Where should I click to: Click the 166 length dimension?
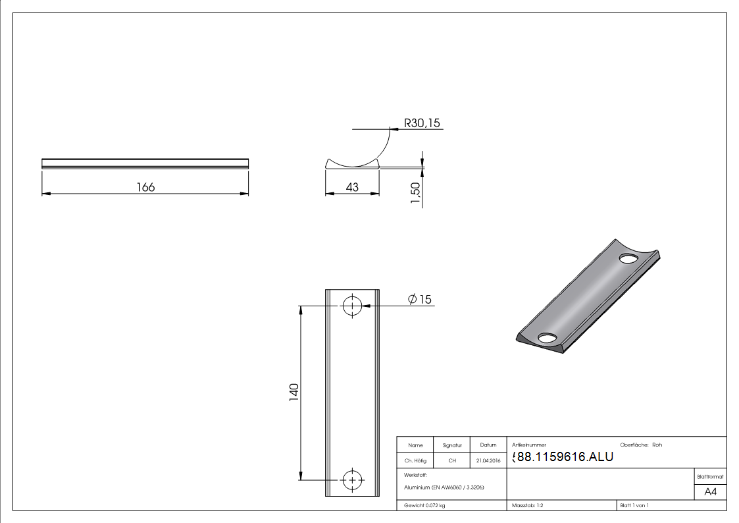pyautogui.click(x=145, y=187)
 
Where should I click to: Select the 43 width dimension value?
pyautogui.click(x=352, y=187)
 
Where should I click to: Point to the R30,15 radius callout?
pyautogui.click(x=422, y=123)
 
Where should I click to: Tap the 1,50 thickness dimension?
pyautogui.click(x=415, y=193)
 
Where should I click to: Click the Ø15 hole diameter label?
pyautogui.click(x=419, y=299)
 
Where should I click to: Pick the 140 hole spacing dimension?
pyautogui.click(x=293, y=393)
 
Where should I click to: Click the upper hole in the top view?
pyautogui.click(x=352, y=306)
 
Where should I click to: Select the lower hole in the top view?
pyautogui.click(x=352, y=480)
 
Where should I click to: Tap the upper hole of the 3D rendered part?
pyautogui.click(x=628, y=258)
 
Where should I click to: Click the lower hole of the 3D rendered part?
pyautogui.click(x=548, y=338)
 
